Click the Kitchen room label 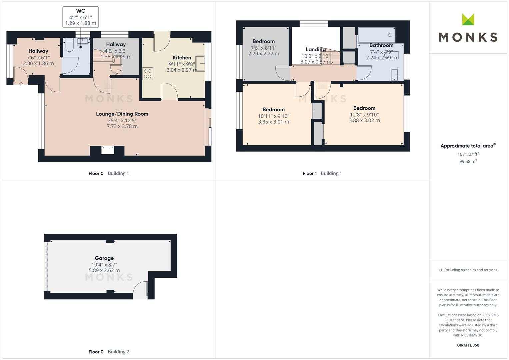(182, 58)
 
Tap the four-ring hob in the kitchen (148, 74)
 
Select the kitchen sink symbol (200, 63)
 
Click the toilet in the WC (69, 45)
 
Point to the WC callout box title (80, 11)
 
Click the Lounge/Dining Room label (122, 114)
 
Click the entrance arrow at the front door (21, 83)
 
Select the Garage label (104, 258)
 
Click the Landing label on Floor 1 (315, 49)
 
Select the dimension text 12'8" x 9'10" (364, 115)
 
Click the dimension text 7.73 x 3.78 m (122, 126)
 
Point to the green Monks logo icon (468, 20)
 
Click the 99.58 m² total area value (468, 161)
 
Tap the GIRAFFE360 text (468, 345)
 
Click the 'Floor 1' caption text (310, 173)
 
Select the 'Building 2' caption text (118, 352)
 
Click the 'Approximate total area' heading (467, 146)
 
